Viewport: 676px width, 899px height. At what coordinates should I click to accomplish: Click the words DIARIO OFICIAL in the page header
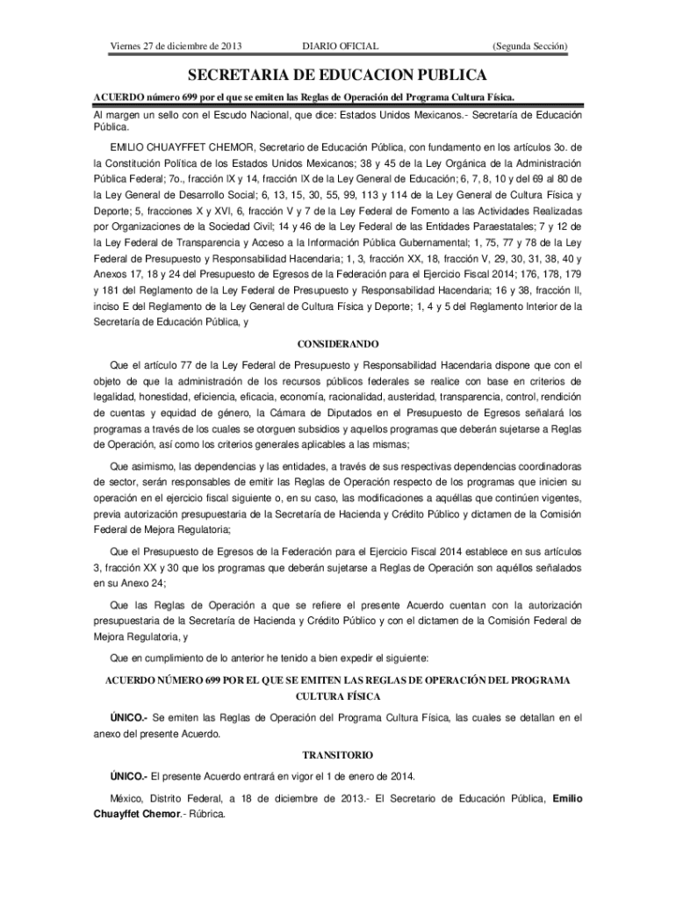[340, 46]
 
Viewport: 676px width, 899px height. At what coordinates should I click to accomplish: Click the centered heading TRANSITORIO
[338, 754]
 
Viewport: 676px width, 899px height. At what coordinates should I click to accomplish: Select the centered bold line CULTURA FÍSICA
[338, 695]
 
